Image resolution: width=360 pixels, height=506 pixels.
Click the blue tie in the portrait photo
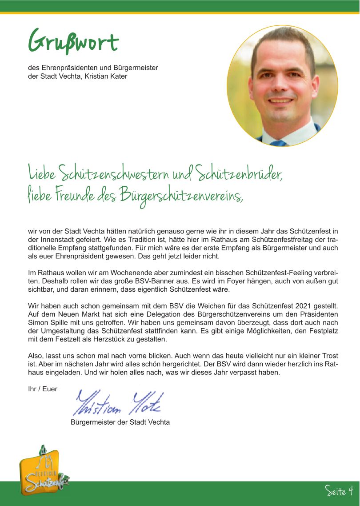(278, 143)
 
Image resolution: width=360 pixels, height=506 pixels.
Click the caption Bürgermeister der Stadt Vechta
(120, 422)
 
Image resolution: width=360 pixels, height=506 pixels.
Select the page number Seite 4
(339, 491)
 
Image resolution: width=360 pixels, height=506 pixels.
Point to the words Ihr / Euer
(43, 389)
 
